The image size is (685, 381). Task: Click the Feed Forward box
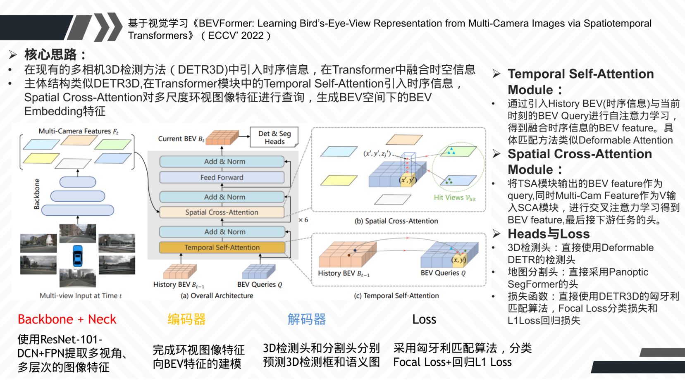tap(222, 177)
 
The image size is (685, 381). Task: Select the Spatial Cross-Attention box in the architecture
tap(222, 212)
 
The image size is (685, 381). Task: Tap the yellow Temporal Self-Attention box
tap(222, 247)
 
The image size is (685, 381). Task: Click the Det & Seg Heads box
tap(274, 138)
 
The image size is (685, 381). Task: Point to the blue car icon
tap(77, 256)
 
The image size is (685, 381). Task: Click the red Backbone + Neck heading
tap(67, 319)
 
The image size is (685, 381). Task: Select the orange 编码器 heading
tap(186, 319)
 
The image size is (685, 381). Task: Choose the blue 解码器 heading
tap(307, 319)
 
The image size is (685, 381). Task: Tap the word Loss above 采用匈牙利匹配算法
tap(424, 319)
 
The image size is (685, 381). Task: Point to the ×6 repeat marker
tap(303, 220)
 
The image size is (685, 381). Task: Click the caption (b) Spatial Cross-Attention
tap(396, 221)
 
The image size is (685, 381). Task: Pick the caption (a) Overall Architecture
tap(217, 295)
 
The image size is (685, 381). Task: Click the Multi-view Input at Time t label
tap(81, 295)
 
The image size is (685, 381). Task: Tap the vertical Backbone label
tap(37, 194)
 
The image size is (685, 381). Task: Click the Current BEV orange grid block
tap(222, 138)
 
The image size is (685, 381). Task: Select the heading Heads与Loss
tap(548, 234)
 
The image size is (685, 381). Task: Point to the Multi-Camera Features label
tap(78, 131)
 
